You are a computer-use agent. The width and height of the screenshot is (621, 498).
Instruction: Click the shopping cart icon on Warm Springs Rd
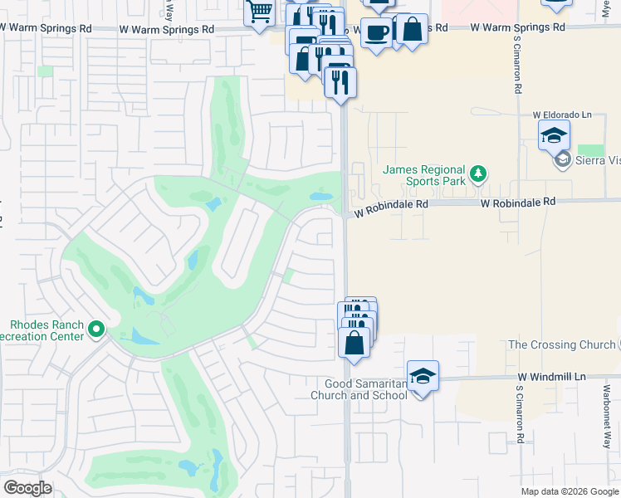tap(259, 12)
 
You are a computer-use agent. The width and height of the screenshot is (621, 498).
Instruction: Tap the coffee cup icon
tap(376, 32)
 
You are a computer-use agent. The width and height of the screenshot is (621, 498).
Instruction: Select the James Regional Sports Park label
tap(423, 175)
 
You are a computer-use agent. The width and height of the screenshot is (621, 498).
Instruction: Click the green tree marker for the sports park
tap(477, 174)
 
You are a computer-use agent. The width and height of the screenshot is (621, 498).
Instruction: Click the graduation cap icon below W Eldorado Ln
tap(554, 134)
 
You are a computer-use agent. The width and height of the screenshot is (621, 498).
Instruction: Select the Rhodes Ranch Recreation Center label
tap(45, 330)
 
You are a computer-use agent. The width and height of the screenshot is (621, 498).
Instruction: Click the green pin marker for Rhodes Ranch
tap(97, 330)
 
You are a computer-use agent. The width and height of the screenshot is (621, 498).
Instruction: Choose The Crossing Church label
tap(561, 344)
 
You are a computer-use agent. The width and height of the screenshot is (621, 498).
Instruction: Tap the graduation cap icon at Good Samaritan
tap(423, 376)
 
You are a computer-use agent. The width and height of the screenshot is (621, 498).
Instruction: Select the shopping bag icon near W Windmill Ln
tap(355, 342)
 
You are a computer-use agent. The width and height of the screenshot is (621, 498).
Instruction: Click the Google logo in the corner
tap(27, 488)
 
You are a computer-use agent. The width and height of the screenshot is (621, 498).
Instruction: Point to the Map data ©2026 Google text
tap(570, 491)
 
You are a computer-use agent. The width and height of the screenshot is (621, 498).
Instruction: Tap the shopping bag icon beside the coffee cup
tap(412, 29)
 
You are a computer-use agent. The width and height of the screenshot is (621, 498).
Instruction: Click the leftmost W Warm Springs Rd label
tap(46, 27)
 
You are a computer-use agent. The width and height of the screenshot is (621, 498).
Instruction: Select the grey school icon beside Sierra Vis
tap(563, 160)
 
